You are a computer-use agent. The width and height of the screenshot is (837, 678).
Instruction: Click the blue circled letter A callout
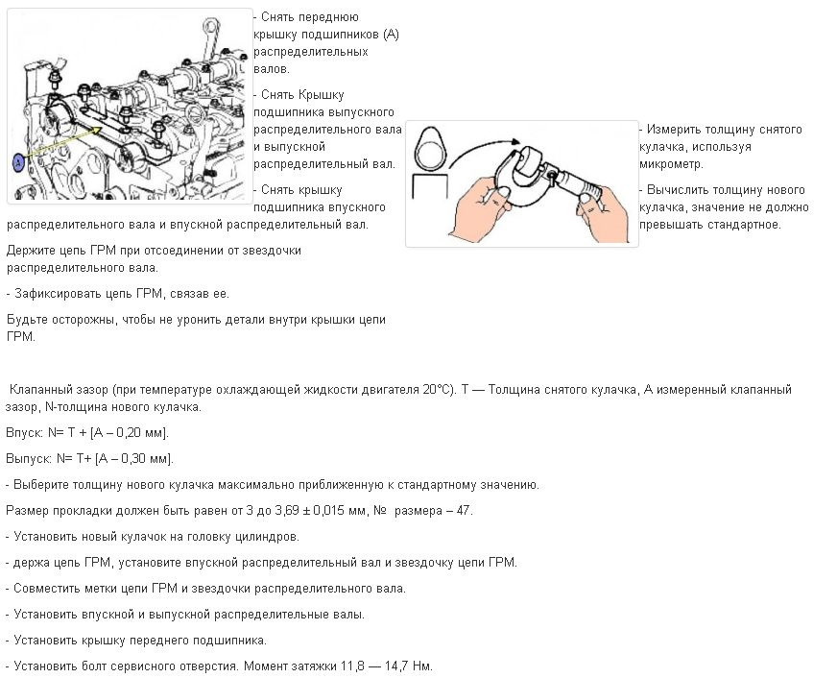(17, 163)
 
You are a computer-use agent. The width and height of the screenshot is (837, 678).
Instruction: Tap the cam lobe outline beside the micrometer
(429, 150)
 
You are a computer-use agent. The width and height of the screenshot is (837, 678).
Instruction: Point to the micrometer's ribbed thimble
(586, 182)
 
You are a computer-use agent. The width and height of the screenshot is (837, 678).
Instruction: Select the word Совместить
(49, 588)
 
